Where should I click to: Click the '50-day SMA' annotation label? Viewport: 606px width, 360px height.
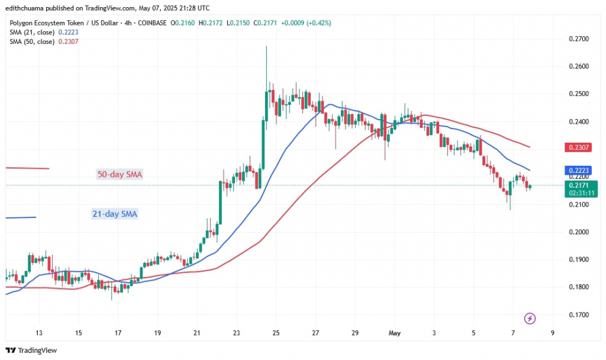(x=120, y=175)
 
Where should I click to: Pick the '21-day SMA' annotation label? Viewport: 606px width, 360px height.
(x=115, y=214)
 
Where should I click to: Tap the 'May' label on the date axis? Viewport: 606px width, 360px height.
(x=395, y=333)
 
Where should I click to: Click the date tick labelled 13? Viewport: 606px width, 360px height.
(x=39, y=333)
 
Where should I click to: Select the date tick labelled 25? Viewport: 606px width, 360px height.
(x=276, y=333)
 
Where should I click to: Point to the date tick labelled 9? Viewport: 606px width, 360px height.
(x=552, y=333)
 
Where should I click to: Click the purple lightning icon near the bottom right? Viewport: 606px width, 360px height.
(x=530, y=319)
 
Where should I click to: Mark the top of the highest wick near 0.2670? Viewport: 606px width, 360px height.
(x=266, y=46)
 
